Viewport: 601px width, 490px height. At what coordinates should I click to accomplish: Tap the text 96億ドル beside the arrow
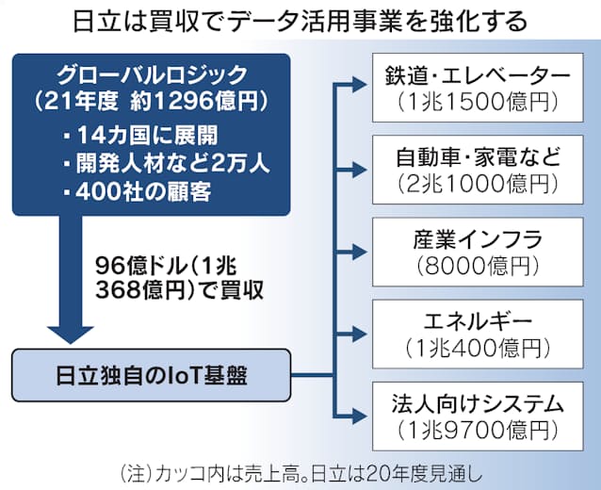[x=138, y=267]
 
